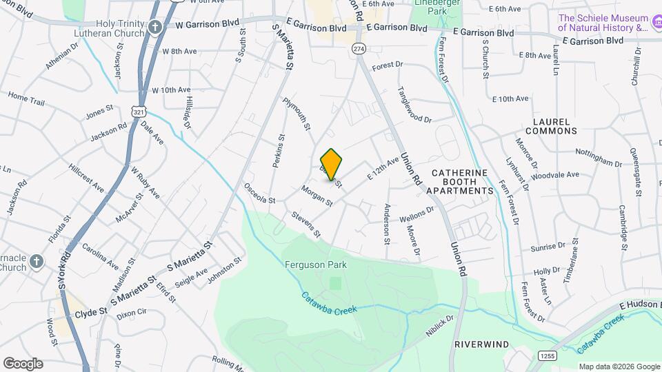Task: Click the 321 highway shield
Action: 139,110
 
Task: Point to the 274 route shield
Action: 358,48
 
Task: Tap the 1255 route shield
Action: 547,355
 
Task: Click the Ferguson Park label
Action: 315,265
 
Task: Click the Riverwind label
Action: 481,343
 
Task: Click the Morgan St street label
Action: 317,196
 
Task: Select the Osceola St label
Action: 259,194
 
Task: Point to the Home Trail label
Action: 26,99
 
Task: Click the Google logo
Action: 23,363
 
